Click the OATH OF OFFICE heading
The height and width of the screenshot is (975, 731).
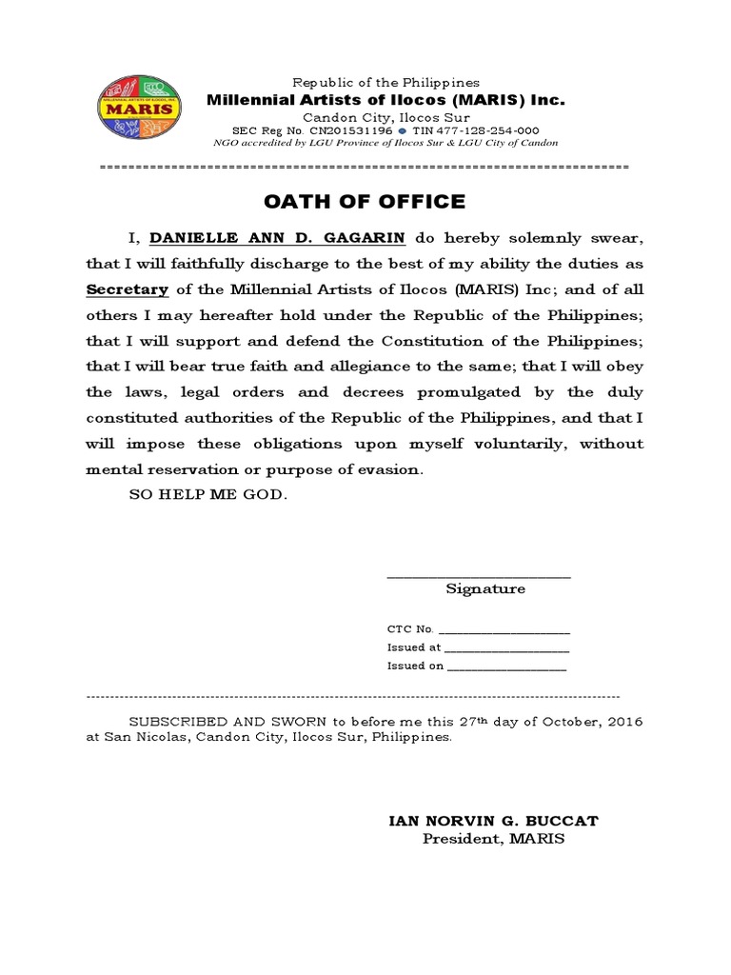(x=365, y=201)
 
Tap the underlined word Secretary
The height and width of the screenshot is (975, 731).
(x=128, y=289)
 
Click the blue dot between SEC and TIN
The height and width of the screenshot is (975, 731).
(x=403, y=130)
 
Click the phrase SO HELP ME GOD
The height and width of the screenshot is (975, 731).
(x=207, y=496)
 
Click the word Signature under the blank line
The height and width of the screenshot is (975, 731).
(x=485, y=588)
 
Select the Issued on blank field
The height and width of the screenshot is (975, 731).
(x=506, y=667)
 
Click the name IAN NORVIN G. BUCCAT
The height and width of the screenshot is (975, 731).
(x=492, y=821)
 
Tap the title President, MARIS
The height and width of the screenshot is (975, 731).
(x=493, y=839)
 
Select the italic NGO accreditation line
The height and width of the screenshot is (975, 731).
(x=385, y=143)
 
